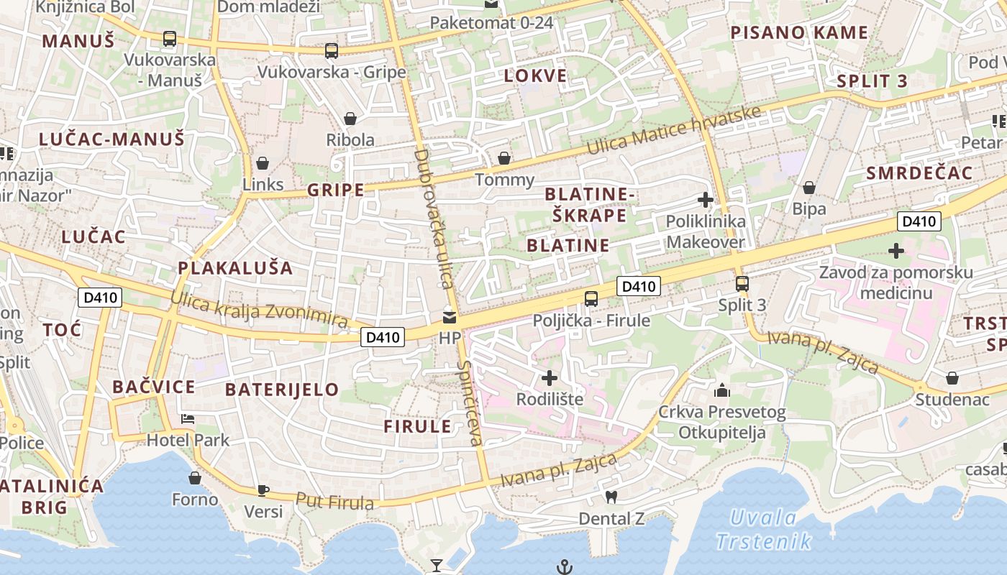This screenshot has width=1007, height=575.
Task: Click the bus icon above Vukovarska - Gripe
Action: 331,51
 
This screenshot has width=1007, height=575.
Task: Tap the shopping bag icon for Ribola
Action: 350,119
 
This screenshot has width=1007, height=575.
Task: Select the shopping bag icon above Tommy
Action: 504,158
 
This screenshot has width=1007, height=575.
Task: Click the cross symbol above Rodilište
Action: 550,377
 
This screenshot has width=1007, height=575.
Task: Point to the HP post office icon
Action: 450,316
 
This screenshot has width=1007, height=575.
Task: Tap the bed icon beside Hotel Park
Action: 188,418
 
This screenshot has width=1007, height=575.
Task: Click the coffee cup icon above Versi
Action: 263,490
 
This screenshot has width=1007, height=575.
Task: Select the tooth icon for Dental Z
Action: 611,497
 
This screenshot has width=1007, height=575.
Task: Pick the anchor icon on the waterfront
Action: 565,567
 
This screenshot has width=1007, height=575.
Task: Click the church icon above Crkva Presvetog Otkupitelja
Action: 721,391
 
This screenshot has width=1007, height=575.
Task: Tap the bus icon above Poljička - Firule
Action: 591,298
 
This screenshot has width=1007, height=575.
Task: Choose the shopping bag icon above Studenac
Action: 952,378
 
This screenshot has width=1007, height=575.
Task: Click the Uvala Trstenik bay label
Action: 763,529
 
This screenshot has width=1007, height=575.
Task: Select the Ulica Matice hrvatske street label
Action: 674,130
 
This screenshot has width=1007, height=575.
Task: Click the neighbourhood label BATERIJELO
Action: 282,390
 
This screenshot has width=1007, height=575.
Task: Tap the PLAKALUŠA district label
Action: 235,268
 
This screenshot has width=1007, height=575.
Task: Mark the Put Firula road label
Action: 334,501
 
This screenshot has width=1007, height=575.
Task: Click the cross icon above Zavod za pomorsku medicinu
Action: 896,251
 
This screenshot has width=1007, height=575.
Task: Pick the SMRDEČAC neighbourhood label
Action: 919,173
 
